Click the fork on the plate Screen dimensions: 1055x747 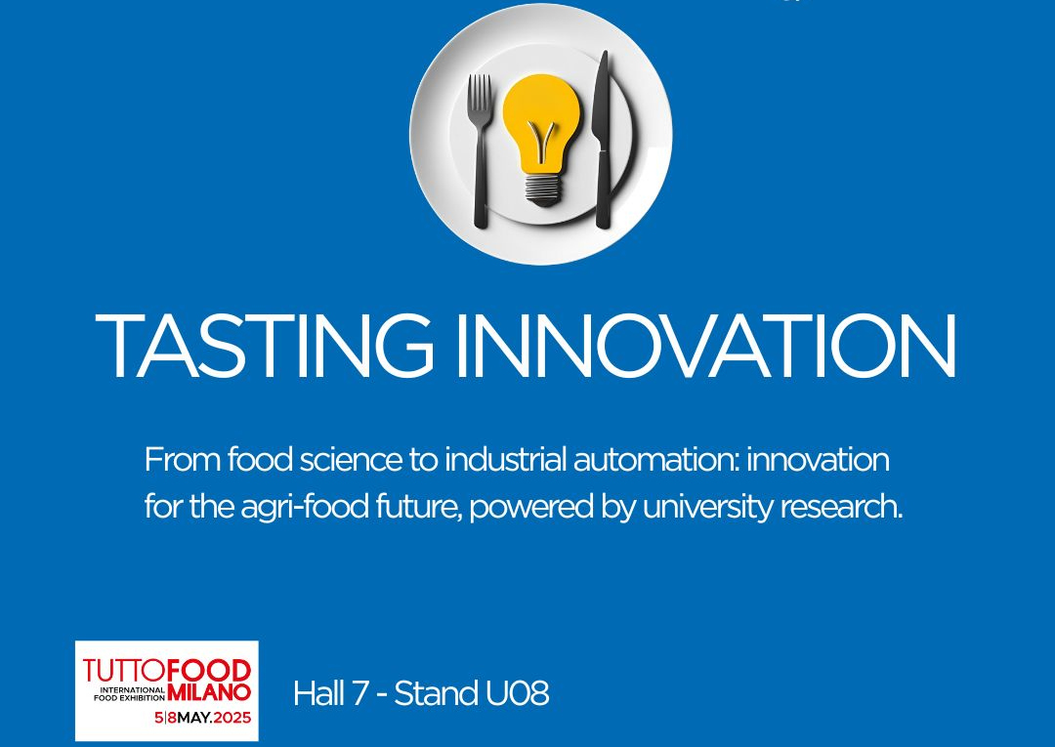coord(481,150)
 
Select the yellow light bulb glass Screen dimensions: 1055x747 coord(541,124)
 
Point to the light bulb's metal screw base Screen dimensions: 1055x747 coord(542,189)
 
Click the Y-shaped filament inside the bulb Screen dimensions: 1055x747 coord(541,140)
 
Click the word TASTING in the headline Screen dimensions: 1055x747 coord(264,346)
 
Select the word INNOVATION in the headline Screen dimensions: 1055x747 coord(706,346)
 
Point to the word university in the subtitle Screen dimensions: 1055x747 coord(708,507)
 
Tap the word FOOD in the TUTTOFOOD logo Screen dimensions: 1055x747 coord(209,671)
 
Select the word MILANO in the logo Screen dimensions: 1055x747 coord(209,692)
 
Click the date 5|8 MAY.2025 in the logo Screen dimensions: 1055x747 coord(202,718)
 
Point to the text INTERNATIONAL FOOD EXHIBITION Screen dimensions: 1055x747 coord(129,694)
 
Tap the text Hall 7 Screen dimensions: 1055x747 coord(331,693)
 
